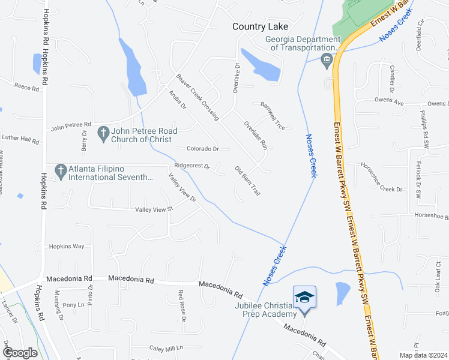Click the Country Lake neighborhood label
[x=261, y=26]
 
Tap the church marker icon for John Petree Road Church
[x=103, y=131]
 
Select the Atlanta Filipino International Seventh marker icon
[x=60, y=171]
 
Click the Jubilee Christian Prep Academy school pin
[x=304, y=297]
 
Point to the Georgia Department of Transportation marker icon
[x=327, y=59]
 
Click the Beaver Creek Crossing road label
[x=197, y=97]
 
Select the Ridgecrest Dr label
[x=191, y=166]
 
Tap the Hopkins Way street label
[x=67, y=246]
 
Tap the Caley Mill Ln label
[x=166, y=348]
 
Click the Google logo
[x=20, y=353]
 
